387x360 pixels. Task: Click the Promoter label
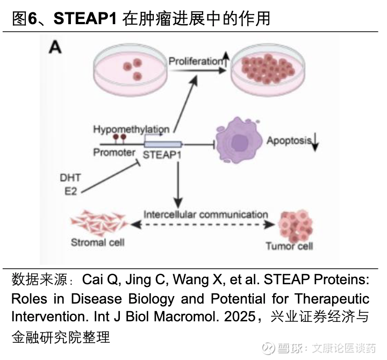point(114,153)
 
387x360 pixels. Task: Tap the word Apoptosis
point(290,141)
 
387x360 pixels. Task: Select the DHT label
point(71,178)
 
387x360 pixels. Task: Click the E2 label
point(70,191)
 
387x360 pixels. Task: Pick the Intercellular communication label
point(205,214)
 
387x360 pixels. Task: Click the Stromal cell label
point(97,242)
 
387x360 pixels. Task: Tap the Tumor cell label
point(289,246)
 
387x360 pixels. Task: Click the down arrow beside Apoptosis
point(316,141)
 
